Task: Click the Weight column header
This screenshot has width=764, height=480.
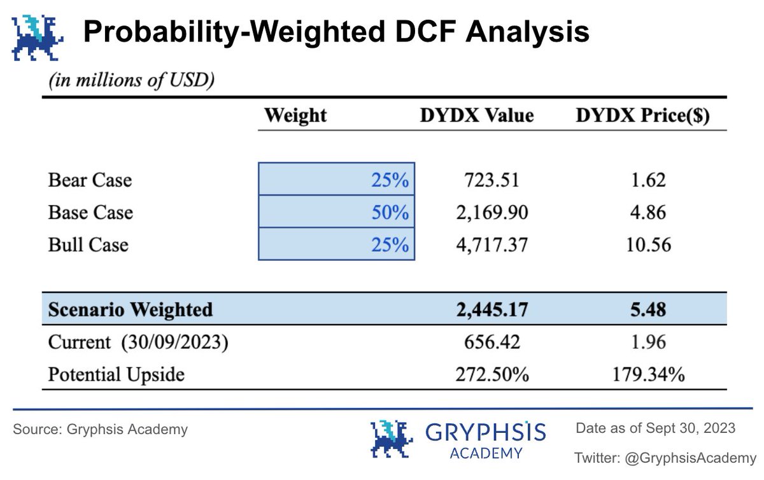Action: (295, 115)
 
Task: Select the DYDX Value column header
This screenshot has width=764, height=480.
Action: (477, 115)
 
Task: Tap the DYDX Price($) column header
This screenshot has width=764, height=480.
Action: (643, 115)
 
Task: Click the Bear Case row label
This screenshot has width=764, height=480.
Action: (90, 180)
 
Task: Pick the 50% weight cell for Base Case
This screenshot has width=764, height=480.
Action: (336, 212)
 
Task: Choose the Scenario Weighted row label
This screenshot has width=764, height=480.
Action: (131, 309)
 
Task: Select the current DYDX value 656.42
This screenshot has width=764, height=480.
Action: (492, 342)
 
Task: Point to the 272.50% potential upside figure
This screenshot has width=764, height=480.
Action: (492, 374)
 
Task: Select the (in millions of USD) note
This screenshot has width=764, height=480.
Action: (129, 81)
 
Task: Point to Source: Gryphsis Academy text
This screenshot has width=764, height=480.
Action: (101, 430)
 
